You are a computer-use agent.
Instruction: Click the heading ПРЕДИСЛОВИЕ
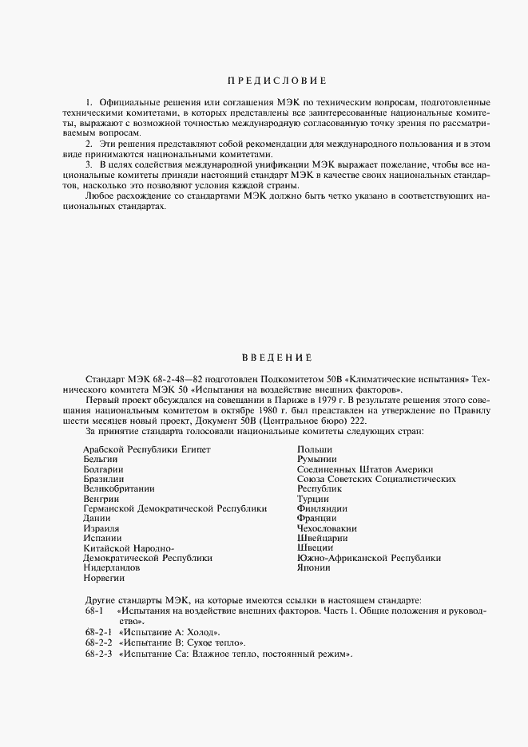point(277,81)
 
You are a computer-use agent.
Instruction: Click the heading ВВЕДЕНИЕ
point(276,357)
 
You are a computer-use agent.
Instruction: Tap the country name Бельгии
point(101,460)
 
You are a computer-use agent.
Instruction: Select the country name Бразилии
point(104,479)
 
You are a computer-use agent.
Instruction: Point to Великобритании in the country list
point(118,488)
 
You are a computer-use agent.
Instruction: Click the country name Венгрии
point(101,499)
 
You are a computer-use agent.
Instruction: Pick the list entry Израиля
point(101,528)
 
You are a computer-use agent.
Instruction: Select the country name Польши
point(315,450)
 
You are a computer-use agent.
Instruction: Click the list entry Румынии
point(317,460)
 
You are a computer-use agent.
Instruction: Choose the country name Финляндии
point(322,508)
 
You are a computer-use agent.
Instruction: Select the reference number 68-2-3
point(98,654)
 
